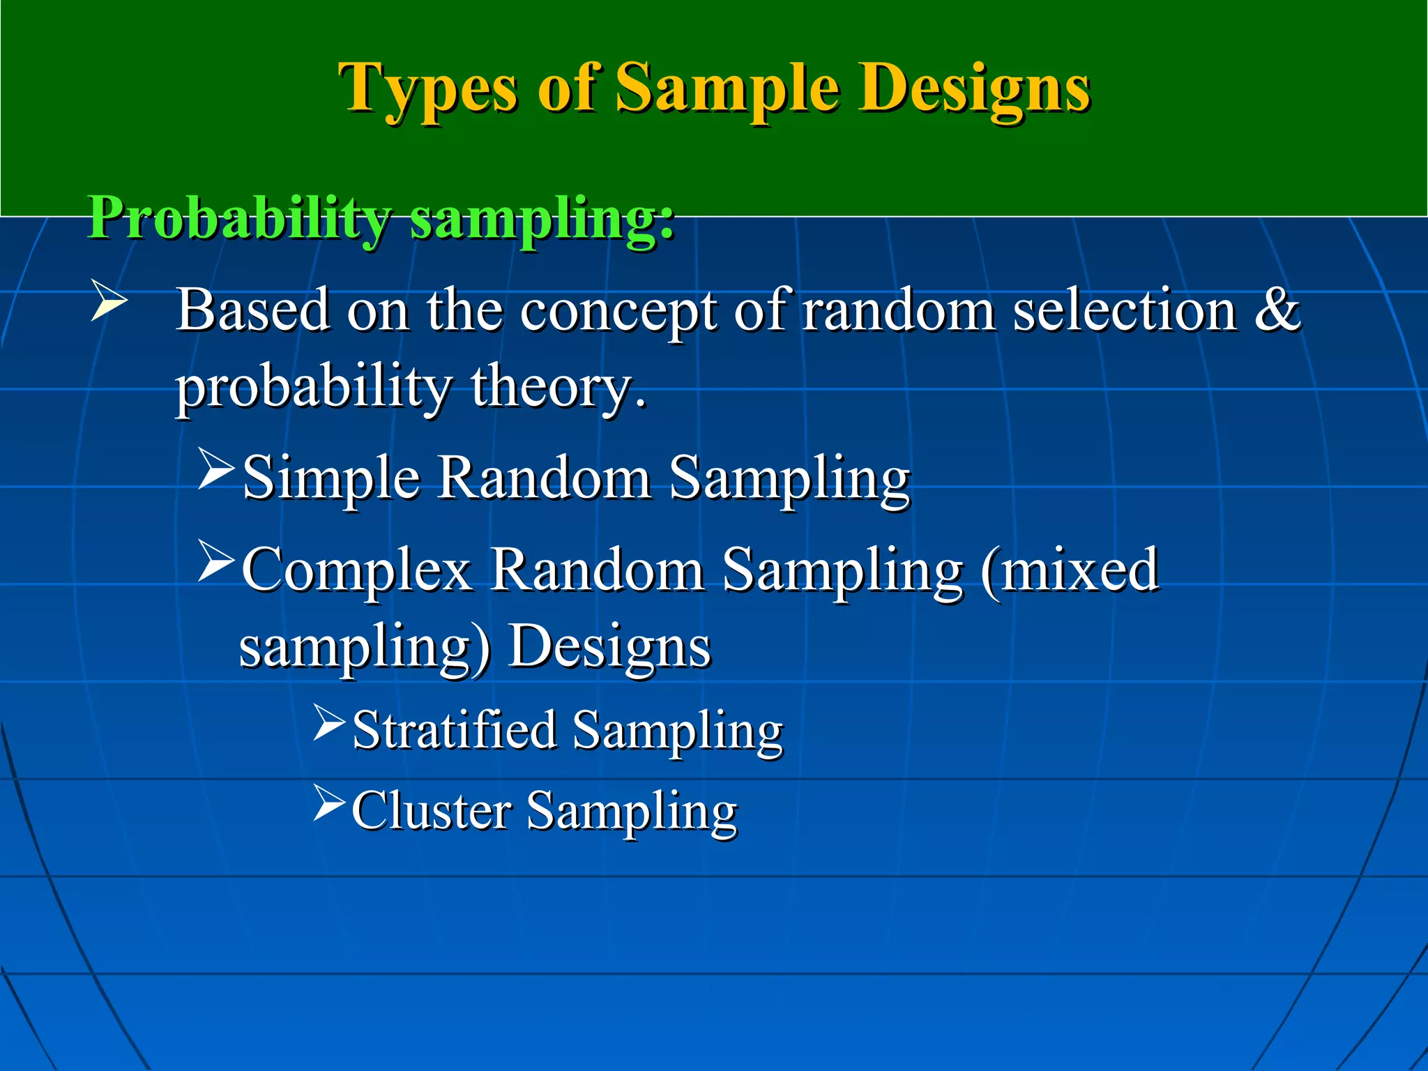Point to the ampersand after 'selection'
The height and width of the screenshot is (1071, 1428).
(x=1277, y=310)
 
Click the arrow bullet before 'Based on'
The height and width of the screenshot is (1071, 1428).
(x=109, y=303)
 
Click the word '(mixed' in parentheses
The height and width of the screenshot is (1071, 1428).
(x=1070, y=570)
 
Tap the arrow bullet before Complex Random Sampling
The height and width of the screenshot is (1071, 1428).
(x=215, y=561)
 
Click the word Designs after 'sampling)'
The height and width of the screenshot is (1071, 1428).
(x=609, y=647)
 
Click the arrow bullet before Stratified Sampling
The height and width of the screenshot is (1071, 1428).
(x=329, y=722)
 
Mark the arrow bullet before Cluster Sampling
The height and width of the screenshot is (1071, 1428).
(x=329, y=803)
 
